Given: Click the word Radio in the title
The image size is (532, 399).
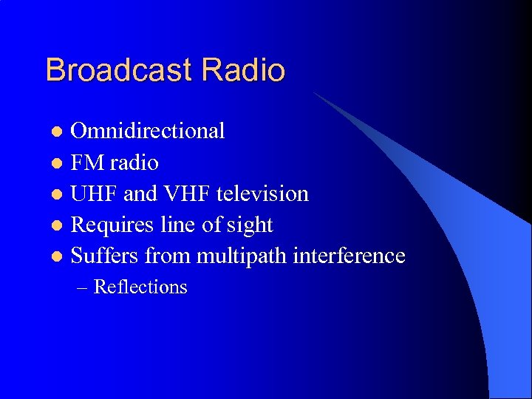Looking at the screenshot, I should coord(243,70).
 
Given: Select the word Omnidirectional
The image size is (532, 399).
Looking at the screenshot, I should coord(147,131).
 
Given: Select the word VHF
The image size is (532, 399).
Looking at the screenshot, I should coord(181,194).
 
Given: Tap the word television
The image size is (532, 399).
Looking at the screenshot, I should coord(262,194).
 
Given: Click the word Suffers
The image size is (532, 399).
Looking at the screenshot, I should coord(104,256).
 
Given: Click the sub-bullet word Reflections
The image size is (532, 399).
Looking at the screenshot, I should coord(140,287).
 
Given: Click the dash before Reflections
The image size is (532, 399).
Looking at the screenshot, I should coord(82,288).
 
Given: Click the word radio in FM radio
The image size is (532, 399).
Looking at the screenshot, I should coord(132,163).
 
